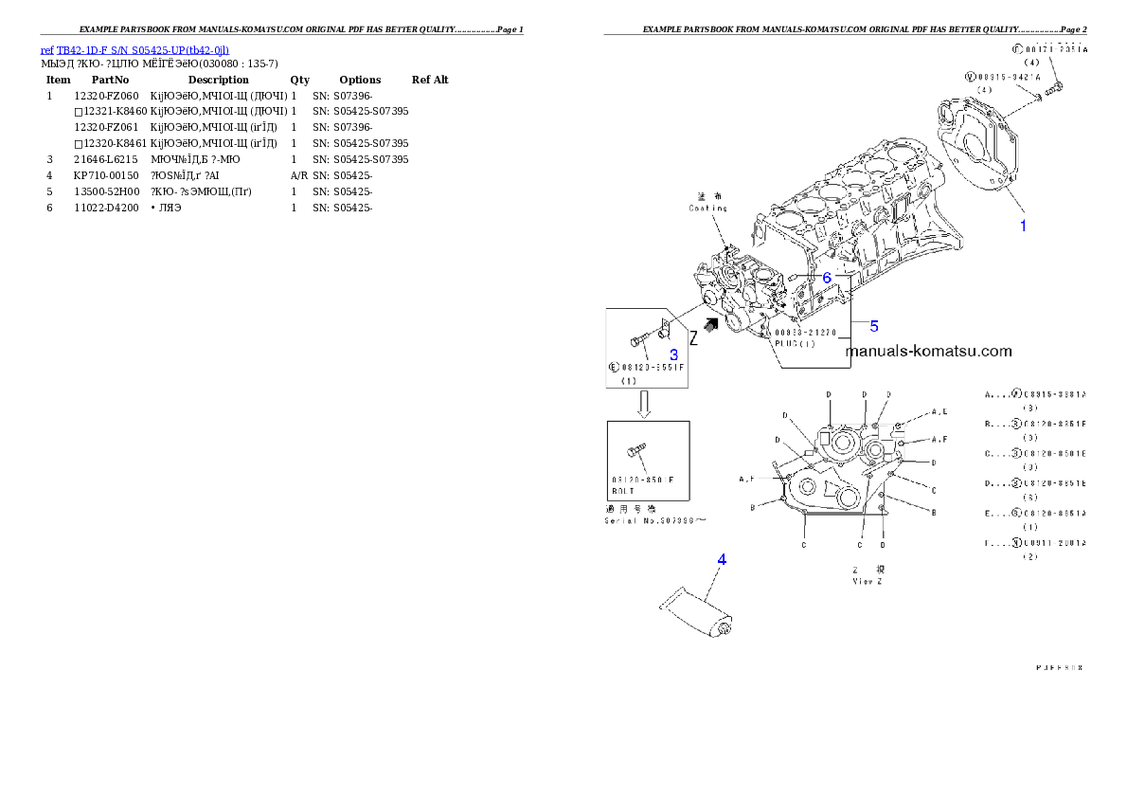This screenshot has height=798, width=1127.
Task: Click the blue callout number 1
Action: point(1022,226)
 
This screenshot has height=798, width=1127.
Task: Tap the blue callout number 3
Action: point(673,354)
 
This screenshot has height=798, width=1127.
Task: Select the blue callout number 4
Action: point(721,559)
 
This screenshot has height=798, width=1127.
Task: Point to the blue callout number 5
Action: point(873,326)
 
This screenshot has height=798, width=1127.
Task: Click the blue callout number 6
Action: point(826,278)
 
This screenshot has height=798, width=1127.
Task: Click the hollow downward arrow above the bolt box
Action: point(643,405)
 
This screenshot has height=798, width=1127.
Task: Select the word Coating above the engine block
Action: point(707,208)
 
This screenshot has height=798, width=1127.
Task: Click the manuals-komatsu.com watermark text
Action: point(928,351)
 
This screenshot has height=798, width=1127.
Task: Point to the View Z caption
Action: point(867,582)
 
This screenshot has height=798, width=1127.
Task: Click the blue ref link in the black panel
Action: point(134,50)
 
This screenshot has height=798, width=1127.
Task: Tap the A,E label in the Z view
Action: point(939,412)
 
